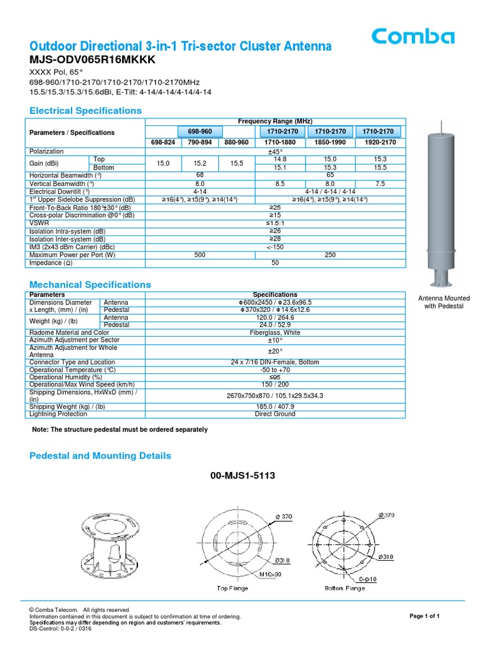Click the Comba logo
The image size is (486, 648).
[413, 37]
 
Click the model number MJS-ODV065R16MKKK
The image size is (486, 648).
[92, 60]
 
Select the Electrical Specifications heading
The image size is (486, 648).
[86, 111]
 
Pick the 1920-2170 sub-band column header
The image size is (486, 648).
[378, 143]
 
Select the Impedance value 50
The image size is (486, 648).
[275, 263]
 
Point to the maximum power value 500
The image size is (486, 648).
[200, 255]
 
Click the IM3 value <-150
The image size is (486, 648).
[275, 247]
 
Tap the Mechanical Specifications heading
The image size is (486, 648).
[90, 285]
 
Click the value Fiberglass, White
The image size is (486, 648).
[275, 332]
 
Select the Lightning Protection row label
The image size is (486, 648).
[58, 414]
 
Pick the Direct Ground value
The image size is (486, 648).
[275, 414]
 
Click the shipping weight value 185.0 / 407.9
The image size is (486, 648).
[275, 406]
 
